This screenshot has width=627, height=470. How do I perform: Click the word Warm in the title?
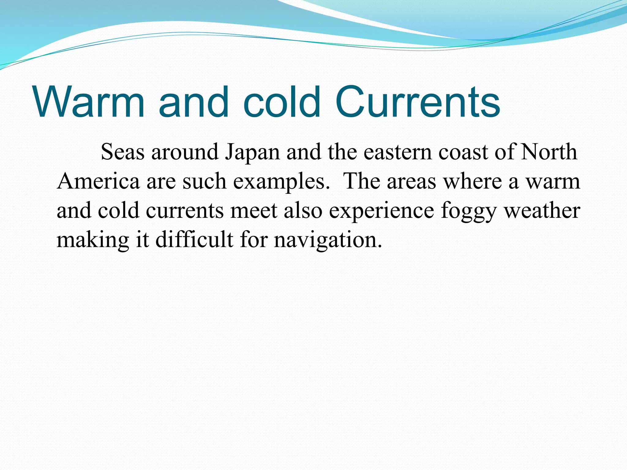pyautogui.click(x=89, y=102)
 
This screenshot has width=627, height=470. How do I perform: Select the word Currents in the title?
pyautogui.click(x=418, y=102)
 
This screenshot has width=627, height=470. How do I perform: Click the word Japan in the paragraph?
pyautogui.click(x=252, y=152)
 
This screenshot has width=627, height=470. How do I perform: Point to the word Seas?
pyautogui.click(x=122, y=152)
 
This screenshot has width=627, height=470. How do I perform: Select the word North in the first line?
pyautogui.click(x=549, y=152)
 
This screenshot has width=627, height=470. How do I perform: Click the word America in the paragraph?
pyautogui.click(x=98, y=181)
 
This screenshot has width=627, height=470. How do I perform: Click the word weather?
pyautogui.click(x=542, y=211)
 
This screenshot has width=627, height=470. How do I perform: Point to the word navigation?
pyautogui.click(x=328, y=240)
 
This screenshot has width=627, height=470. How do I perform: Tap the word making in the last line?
pyautogui.click(x=93, y=240)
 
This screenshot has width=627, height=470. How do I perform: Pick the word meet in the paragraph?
pyautogui.click(x=254, y=211)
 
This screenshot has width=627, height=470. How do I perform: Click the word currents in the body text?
pyautogui.click(x=185, y=211)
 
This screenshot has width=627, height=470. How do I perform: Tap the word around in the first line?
pyautogui.click(x=185, y=152)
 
